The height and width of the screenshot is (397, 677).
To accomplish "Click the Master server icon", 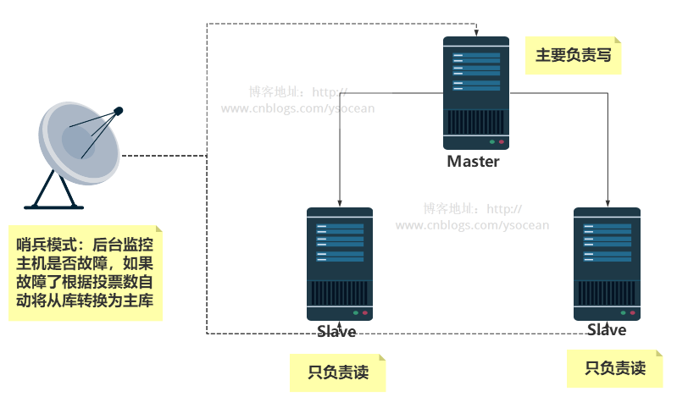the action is (476, 93).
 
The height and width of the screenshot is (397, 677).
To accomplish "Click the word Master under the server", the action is (473, 162).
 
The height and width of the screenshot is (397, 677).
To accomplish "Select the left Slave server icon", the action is (340, 264).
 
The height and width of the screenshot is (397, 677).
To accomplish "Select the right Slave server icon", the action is (607, 264).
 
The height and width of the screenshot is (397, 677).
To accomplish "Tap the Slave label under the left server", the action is (336, 332).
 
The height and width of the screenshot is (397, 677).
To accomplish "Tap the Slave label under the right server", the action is (607, 329).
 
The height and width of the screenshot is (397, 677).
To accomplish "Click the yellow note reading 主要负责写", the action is (573, 56).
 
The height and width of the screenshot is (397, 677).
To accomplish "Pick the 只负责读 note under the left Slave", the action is (337, 372).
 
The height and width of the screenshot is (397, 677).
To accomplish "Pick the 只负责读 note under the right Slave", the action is (615, 368).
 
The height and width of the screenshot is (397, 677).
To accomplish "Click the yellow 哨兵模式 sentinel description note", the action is (86, 273).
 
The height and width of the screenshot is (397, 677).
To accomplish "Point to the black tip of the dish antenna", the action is (118, 111).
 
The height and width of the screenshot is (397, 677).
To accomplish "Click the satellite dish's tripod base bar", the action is (53, 207).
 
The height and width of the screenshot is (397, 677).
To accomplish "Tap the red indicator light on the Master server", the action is (502, 141).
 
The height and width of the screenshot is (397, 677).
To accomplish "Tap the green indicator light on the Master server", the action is (491, 141).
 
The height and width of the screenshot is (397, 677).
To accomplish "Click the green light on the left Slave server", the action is (355, 313).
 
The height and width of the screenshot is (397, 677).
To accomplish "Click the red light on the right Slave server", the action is (633, 313).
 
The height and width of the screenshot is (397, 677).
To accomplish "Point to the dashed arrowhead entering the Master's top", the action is (476, 33).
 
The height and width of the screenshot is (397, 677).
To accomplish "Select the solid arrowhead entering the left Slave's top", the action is (340, 204).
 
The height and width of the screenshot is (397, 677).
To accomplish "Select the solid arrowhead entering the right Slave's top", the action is (608, 204).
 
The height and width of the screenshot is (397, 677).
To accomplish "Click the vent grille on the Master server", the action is (476, 122).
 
